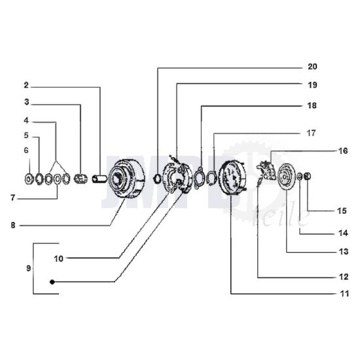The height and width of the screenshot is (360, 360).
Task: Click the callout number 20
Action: point(312,67)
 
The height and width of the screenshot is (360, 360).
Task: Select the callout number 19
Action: point(312,85)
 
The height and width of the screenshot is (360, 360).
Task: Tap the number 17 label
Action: point(311,133)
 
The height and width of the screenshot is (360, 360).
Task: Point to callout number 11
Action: point(344,293)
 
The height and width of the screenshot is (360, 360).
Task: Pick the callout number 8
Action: point(13,225)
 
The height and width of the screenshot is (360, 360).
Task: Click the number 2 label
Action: point(26,85)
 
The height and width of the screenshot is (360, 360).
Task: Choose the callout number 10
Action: point(58,259)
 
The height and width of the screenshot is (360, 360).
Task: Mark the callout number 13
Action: point(344,251)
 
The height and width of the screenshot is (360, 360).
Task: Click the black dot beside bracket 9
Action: point(52,282)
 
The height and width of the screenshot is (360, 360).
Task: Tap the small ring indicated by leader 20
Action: point(158,179)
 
